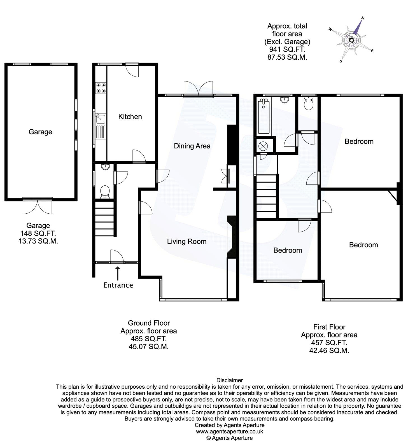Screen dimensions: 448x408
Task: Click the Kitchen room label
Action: point(130,116)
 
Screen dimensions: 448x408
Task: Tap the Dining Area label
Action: point(192,146)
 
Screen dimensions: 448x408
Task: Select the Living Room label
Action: point(187,241)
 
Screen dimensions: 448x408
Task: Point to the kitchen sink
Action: point(100,120)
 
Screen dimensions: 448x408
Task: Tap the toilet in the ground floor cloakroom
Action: point(104,192)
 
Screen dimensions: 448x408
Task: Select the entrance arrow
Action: point(118,273)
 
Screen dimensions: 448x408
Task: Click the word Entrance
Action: point(118,285)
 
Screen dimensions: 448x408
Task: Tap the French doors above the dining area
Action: point(198,89)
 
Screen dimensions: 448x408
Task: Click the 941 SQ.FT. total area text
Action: point(287,50)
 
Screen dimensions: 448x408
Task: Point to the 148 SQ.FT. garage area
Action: point(38,233)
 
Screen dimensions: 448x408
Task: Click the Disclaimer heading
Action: point(230,380)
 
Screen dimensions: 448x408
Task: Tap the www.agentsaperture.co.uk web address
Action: point(230,431)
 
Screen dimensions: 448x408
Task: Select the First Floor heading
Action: point(329,327)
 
